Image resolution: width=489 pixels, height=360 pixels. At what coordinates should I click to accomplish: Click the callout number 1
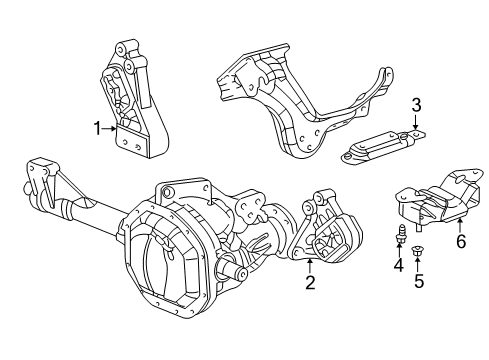[x=98, y=128]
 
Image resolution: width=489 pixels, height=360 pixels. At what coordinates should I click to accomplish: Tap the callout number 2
[x=311, y=283]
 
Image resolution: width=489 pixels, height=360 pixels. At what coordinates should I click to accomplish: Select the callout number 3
[x=417, y=104]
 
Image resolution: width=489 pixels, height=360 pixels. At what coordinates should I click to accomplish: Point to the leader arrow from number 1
[x=113, y=128]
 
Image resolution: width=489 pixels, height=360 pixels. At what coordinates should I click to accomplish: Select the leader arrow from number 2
[x=311, y=265]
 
